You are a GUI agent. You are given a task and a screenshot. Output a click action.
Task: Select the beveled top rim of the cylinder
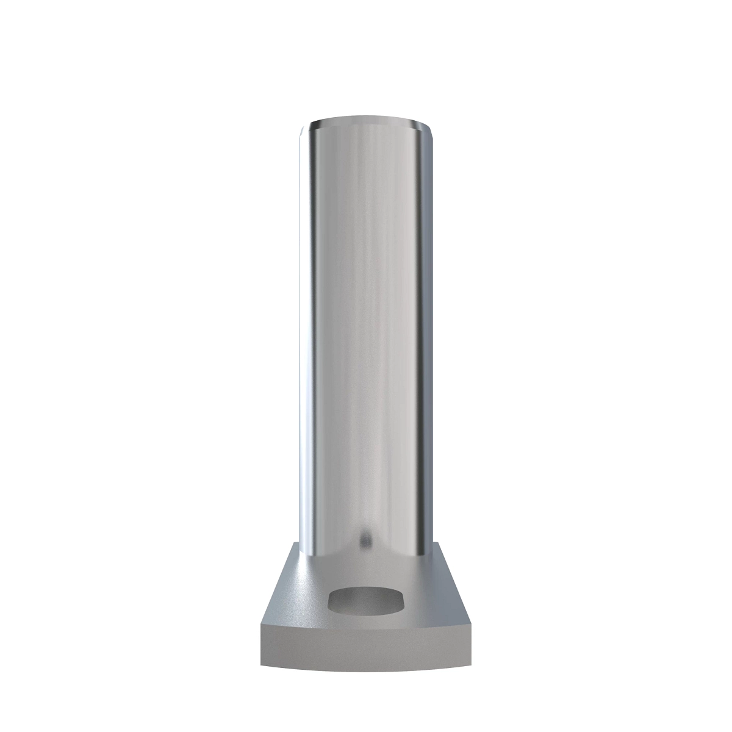pos(366,119)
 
